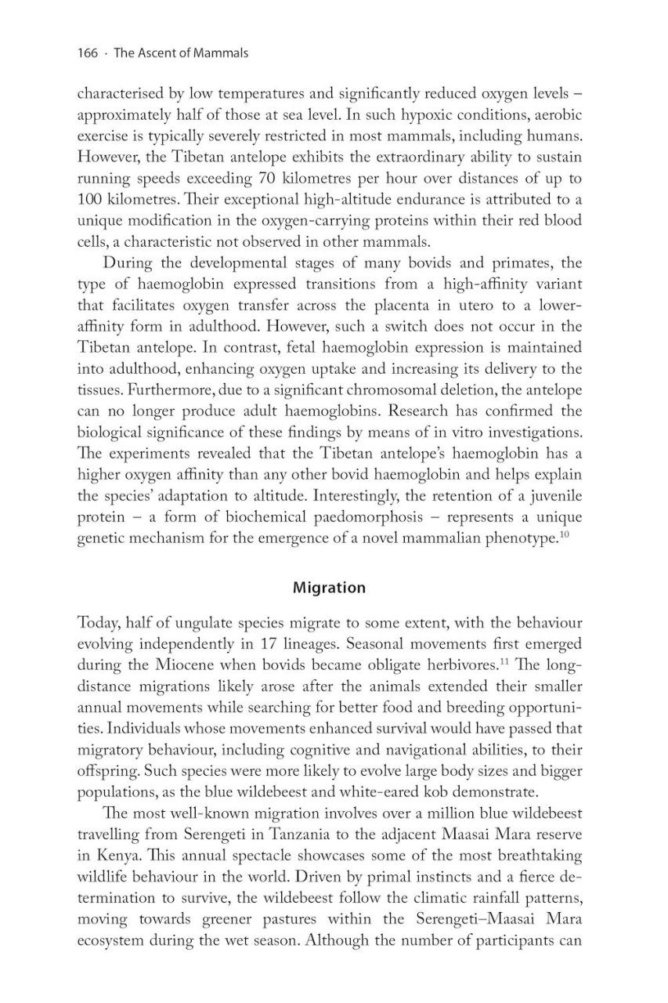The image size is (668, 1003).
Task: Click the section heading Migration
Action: (329, 587)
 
